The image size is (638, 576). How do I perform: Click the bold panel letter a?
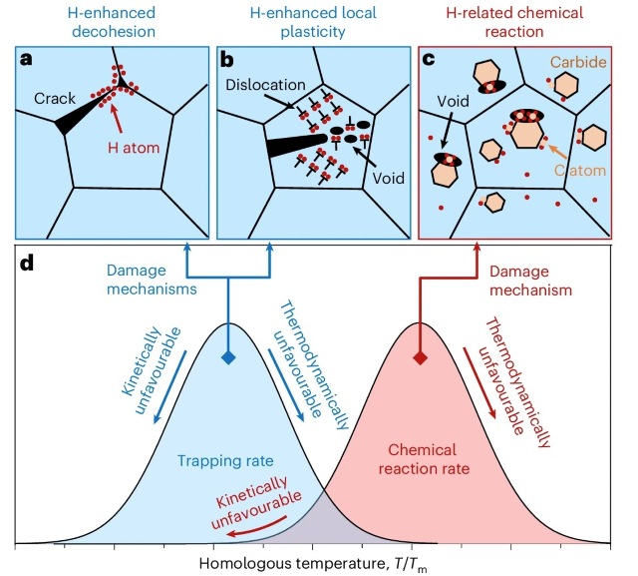tap(26, 60)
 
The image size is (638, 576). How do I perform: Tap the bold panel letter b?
tap(226, 60)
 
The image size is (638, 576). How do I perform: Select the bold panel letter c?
tap(429, 60)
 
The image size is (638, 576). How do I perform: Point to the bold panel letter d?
tap(27, 264)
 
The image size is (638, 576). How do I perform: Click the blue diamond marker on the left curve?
tap(228, 358)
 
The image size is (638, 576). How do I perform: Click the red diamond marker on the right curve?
tap(420, 358)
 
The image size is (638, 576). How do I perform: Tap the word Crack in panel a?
tap(55, 98)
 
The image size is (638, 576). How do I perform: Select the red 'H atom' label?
tap(134, 147)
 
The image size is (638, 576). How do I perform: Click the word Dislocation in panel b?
tap(265, 85)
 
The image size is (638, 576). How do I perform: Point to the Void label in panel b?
tap(389, 178)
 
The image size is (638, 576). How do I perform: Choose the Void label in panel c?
tap(453, 101)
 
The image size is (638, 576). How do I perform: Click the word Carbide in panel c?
tap(578, 62)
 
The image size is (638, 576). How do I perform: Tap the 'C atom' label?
tap(580, 170)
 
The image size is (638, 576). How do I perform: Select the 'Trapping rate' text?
tap(225, 461)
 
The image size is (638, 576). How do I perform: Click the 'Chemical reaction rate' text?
tap(424, 459)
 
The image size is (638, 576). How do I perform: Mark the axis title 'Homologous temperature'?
tap(291, 564)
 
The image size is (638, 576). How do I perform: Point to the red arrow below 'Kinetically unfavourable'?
tap(256, 528)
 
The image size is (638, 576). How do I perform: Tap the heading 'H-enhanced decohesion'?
tap(112, 22)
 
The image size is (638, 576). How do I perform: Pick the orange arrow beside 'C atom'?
tap(556, 152)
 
